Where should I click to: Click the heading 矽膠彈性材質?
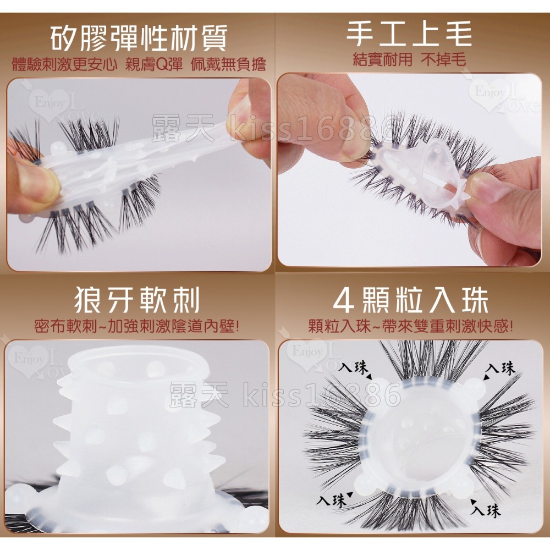pyautogui.click(x=138, y=39)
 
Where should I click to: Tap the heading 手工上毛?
pyautogui.click(x=409, y=32)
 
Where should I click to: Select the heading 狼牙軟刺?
pyautogui.click(x=137, y=300)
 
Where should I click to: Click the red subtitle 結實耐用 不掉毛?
pyautogui.click(x=409, y=59)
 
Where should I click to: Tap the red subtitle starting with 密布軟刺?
pyautogui.click(x=137, y=326)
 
